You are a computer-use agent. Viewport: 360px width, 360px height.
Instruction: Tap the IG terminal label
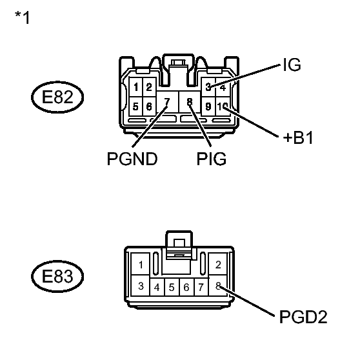pyautogui.click(x=292, y=65)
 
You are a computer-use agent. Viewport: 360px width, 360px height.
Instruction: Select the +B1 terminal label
pyautogui.click(x=298, y=138)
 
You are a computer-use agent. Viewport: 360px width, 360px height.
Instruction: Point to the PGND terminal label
pyautogui.click(x=132, y=159)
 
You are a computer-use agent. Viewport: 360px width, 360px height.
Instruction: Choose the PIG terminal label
pyautogui.click(x=212, y=159)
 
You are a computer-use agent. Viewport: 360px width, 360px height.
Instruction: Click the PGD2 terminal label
pyautogui.click(x=303, y=317)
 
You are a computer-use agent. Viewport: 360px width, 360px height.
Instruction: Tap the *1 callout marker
pyautogui.click(x=23, y=17)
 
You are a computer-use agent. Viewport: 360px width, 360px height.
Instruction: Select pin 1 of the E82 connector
pyautogui.click(x=136, y=87)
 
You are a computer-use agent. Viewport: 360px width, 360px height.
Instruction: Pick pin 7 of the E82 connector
pyautogui.click(x=167, y=102)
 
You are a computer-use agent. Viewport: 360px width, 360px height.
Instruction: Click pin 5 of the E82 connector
pyautogui.click(x=136, y=106)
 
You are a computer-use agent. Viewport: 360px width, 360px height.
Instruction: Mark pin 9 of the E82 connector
pyautogui.click(x=208, y=106)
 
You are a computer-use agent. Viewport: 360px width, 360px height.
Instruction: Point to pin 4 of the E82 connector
pyautogui.click(x=223, y=87)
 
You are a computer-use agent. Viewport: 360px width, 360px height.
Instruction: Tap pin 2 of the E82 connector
pyautogui.click(x=149, y=87)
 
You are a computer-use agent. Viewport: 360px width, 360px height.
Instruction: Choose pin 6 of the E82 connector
pyautogui.click(x=149, y=106)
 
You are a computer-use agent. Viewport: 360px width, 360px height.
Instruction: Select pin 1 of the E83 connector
pyautogui.click(x=141, y=265)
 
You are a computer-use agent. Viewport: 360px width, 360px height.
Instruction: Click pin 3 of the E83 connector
pyautogui.click(x=141, y=286)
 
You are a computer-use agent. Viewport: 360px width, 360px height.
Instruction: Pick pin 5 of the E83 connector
pyautogui.click(x=172, y=287)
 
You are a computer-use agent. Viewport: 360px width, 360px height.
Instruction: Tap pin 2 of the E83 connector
pyautogui.click(x=218, y=265)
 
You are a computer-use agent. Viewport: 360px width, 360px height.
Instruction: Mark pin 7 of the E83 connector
pyautogui.click(x=201, y=287)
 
